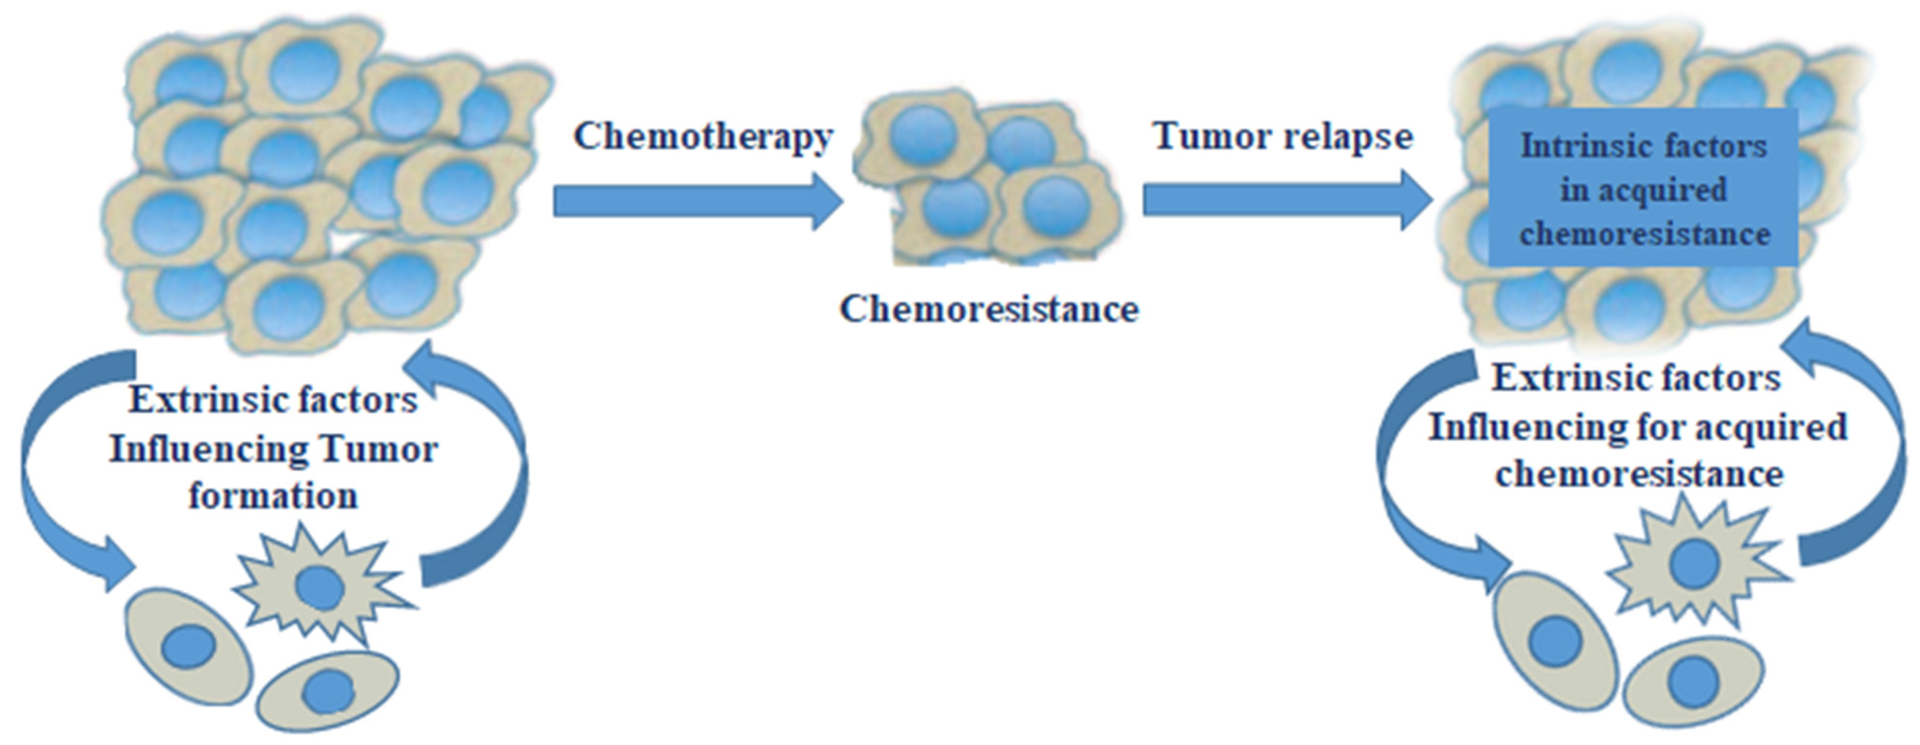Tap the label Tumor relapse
tap(1282, 136)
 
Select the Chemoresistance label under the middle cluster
tap(989, 308)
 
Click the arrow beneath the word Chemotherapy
tap(697, 201)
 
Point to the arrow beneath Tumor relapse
tap(1286, 200)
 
